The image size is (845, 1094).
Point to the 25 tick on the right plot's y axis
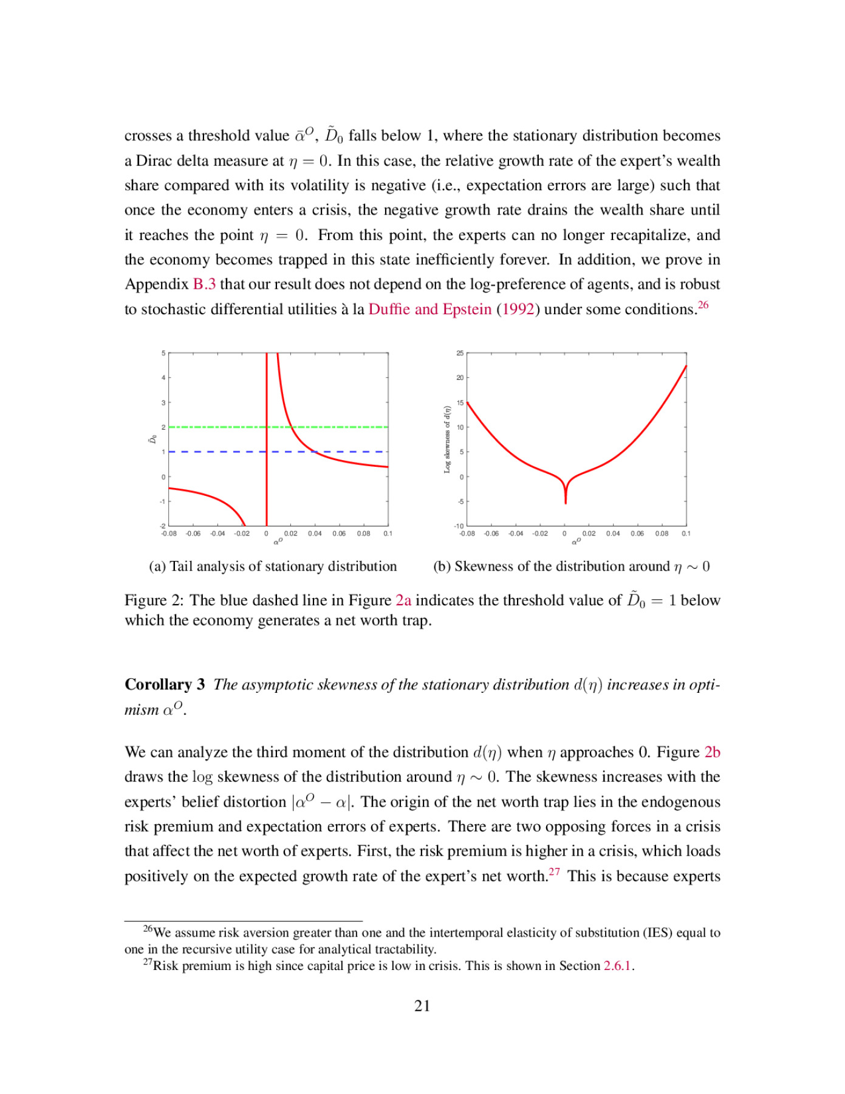[x=460, y=353]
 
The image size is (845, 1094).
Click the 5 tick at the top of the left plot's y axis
[x=163, y=353]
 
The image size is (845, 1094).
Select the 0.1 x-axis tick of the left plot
[x=388, y=534]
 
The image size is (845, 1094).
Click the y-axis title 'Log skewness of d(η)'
[x=447, y=439]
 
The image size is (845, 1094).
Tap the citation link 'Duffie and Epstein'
[x=429, y=309]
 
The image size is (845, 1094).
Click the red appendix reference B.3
[x=204, y=284]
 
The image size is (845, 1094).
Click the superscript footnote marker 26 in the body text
[x=703, y=304]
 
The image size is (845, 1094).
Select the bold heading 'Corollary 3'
[x=165, y=684]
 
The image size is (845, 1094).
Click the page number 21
[x=422, y=1006]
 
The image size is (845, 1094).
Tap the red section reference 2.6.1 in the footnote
[x=617, y=966]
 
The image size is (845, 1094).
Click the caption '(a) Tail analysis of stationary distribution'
[x=273, y=566]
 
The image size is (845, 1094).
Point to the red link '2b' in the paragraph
[x=712, y=752]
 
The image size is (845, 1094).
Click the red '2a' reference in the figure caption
[x=403, y=600]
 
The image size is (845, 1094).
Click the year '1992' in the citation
[x=518, y=309]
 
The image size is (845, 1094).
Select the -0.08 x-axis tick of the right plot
[x=467, y=534]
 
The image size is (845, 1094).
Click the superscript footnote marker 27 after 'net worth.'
[x=555, y=872]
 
